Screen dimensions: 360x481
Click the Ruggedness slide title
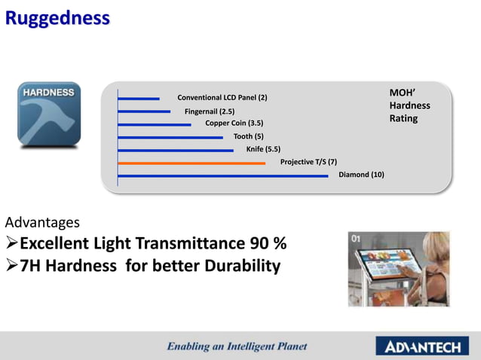[57, 18]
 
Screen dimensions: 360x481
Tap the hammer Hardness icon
[49, 114]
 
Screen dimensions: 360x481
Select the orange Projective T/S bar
[191, 163]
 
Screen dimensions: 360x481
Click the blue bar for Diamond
[223, 176]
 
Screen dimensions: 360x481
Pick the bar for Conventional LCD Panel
[139, 98]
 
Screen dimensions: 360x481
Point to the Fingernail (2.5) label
[210, 111]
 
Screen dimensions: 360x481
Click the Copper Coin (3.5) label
[234, 124]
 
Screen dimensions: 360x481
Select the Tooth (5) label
[249, 136]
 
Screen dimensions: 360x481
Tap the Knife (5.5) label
[263, 149]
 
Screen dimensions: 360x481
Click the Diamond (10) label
[361, 175]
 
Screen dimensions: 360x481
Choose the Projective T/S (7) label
[308, 162]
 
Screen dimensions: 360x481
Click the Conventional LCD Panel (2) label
[222, 98]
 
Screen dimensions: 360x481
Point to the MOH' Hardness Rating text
[409, 105]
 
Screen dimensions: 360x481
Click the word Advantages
[43, 223]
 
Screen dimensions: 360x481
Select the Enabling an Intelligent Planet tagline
[237, 347]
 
